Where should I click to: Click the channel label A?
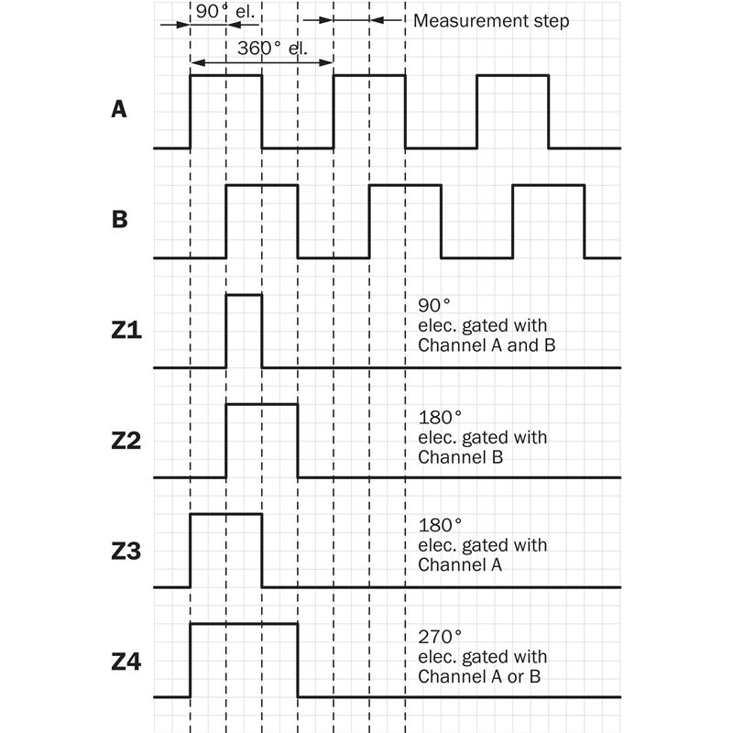(x=119, y=110)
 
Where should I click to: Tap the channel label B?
(x=119, y=221)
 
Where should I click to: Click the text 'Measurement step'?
(x=491, y=20)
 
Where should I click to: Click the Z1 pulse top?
(x=244, y=295)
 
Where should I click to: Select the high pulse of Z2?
(x=262, y=404)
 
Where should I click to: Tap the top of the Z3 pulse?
(x=225, y=514)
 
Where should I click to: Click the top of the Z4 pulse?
(x=244, y=624)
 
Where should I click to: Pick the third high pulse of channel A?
(x=513, y=75)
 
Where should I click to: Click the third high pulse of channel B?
(x=549, y=185)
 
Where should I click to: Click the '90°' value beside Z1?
(x=433, y=306)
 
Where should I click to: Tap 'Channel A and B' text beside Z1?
(x=487, y=346)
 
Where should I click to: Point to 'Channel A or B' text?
(x=482, y=677)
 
